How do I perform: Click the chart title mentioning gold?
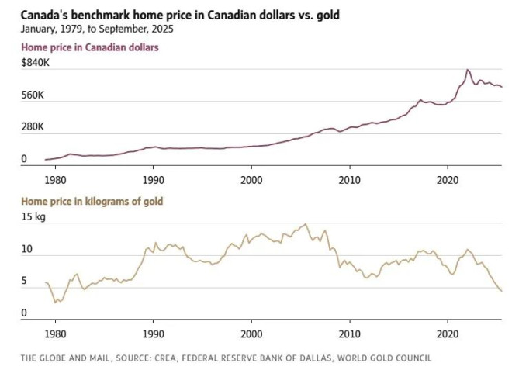tap(175, 15)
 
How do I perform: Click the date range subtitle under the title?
tap(98, 29)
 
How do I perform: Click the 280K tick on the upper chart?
tap(34, 127)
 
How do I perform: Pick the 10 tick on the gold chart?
tap(27, 250)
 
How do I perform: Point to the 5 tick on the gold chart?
tap(24, 282)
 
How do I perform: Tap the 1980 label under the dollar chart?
tap(55, 179)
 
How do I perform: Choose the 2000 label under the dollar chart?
tap(251, 179)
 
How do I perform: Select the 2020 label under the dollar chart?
tap(448, 179)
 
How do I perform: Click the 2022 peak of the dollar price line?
tap(467, 70)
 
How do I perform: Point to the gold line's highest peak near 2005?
tap(306, 224)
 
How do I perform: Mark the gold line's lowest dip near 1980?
tap(56, 301)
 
